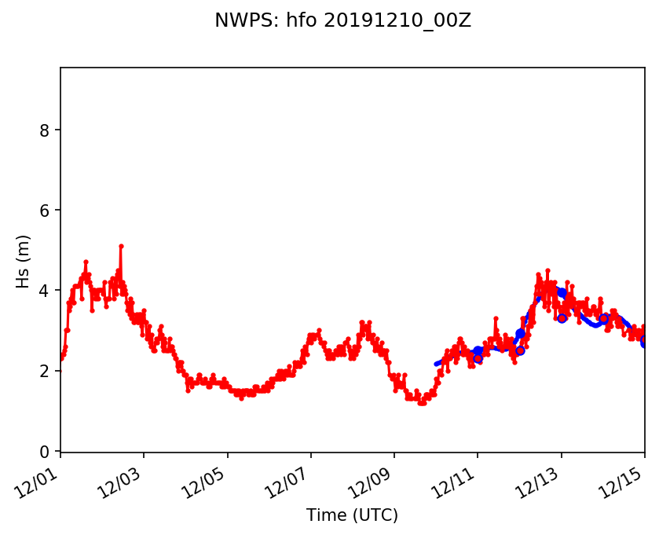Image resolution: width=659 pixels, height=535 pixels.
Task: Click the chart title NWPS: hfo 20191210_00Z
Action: click(x=342, y=21)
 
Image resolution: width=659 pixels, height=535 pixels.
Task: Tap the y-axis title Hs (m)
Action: click(x=24, y=261)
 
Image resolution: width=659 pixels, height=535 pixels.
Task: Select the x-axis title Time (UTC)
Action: click(x=352, y=515)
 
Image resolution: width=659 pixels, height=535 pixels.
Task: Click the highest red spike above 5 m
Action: click(x=121, y=246)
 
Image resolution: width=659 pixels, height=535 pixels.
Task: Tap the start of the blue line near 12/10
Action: click(x=436, y=364)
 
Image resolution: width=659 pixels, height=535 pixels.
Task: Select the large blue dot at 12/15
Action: click(x=644, y=342)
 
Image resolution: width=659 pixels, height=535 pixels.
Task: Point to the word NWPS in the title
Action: click(x=237, y=21)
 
